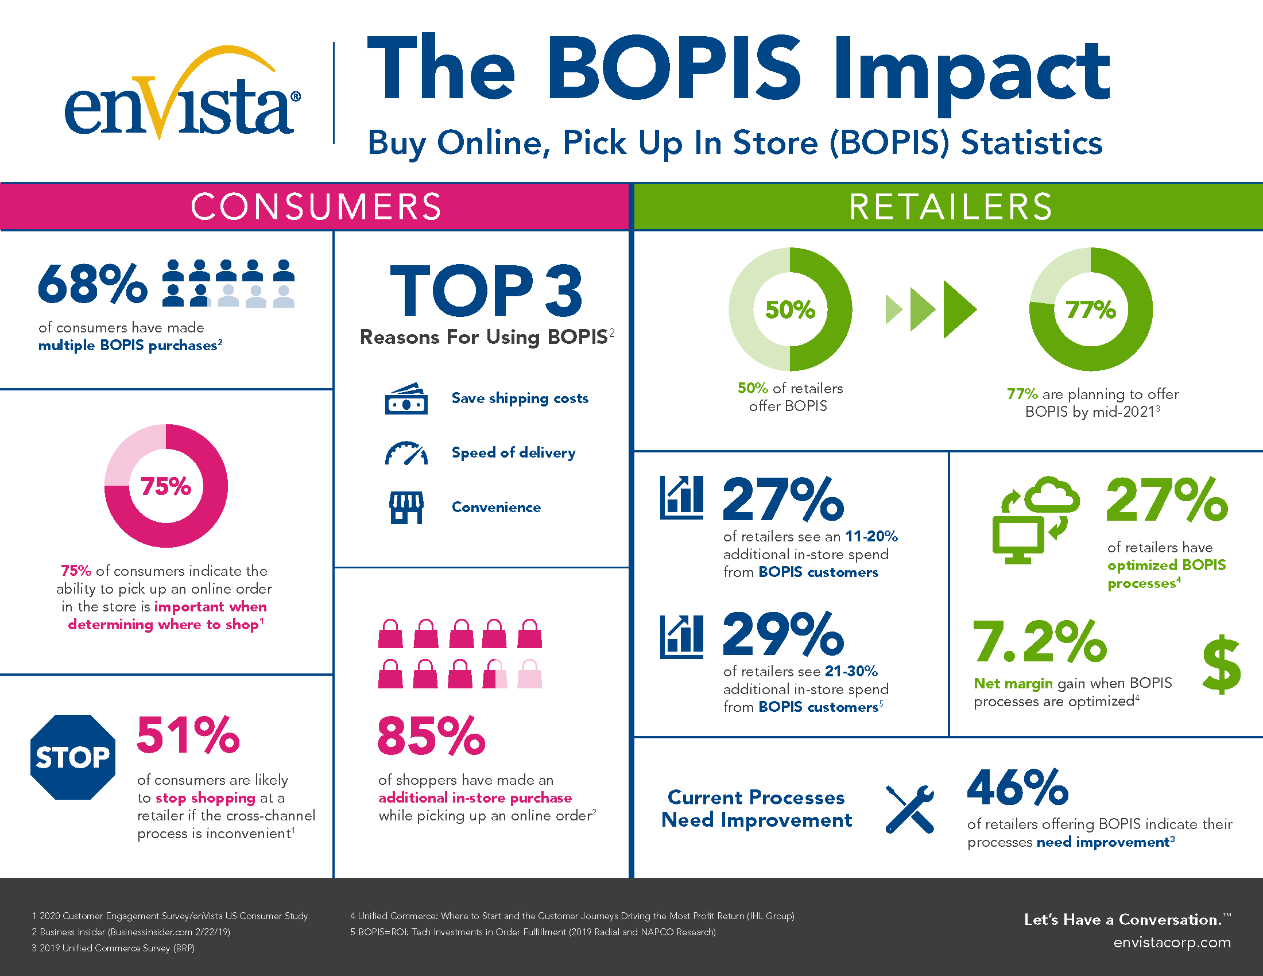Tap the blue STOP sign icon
click(73, 757)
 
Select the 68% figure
click(92, 283)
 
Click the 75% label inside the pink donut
click(166, 486)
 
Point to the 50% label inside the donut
click(790, 310)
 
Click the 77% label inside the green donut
click(1091, 310)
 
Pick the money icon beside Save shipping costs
click(406, 399)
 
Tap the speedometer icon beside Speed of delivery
click(406, 454)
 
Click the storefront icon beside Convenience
click(406, 507)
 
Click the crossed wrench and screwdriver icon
click(910, 809)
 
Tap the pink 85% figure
click(431, 736)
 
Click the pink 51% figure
click(188, 735)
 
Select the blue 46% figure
click(1017, 787)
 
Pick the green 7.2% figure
click(1039, 642)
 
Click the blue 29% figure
click(783, 634)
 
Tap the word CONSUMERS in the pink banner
click(316, 207)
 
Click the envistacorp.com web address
click(1172, 943)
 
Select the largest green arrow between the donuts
click(959, 309)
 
